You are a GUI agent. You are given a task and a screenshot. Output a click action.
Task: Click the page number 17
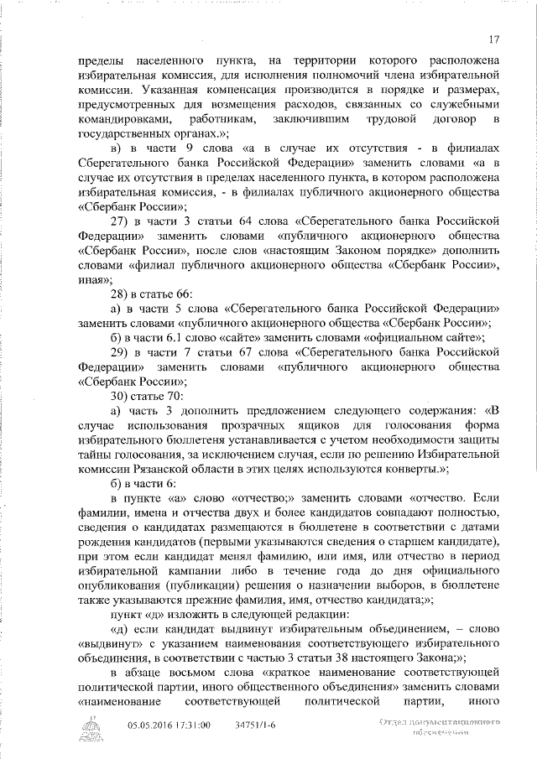[x=493, y=39]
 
